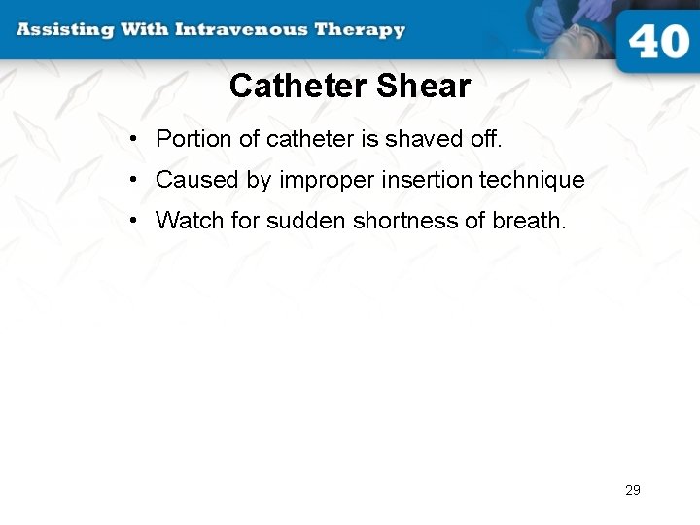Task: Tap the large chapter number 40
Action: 658,44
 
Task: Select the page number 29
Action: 633,490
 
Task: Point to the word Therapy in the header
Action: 359,29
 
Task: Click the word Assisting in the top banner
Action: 63,29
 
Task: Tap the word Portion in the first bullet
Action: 192,139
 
